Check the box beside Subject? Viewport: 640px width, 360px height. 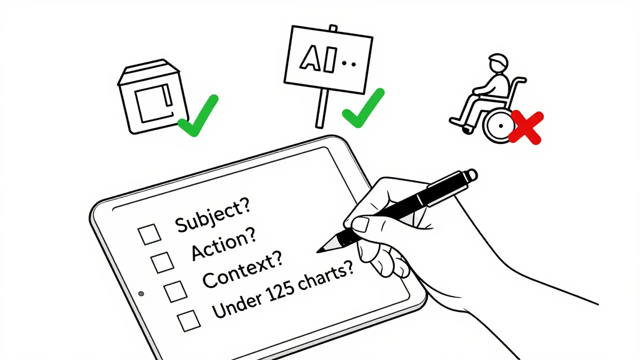[149, 234]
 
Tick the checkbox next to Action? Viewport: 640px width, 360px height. [162, 261]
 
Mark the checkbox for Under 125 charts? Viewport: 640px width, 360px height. [189, 320]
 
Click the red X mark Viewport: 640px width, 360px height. [526, 128]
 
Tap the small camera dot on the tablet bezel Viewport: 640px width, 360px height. [141, 293]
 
